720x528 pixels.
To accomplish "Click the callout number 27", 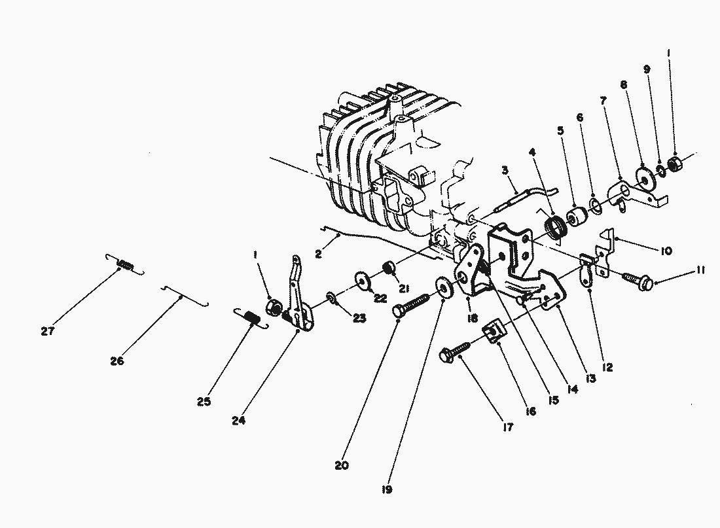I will tap(46, 331).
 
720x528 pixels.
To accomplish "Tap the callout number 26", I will tap(117, 361).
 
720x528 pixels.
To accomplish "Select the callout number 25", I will tap(204, 402).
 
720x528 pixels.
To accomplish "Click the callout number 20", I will tap(340, 466).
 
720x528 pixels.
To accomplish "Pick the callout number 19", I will tap(388, 488).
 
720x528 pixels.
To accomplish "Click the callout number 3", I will tap(505, 171).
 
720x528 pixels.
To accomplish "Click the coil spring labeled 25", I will tap(249, 318).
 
